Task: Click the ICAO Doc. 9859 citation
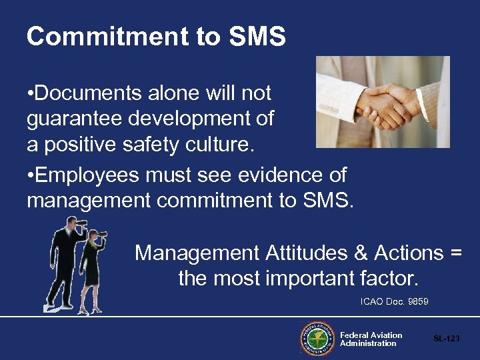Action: (394, 302)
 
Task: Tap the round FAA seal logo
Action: (317, 339)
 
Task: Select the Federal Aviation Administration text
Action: (371, 339)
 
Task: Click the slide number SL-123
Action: (446, 339)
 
